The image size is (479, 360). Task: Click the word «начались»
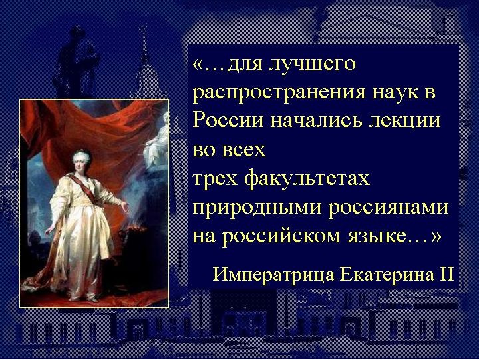click(x=317, y=121)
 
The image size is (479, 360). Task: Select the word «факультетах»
click(x=307, y=179)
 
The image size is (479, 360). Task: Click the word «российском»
click(x=281, y=237)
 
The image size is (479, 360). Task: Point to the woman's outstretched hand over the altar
click(x=124, y=206)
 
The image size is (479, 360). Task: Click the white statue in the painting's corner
click(x=157, y=140)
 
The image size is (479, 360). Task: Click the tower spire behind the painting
click(x=143, y=43)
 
